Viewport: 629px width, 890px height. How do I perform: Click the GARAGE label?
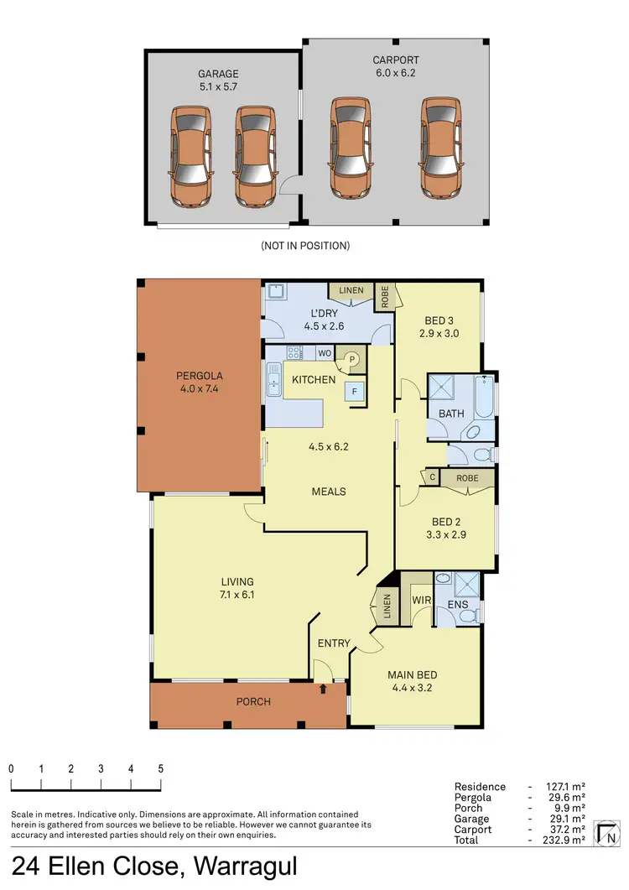tap(218, 74)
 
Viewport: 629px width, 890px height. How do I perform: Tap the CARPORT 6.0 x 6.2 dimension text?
tap(396, 73)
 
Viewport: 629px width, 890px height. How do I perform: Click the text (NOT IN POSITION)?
tap(304, 246)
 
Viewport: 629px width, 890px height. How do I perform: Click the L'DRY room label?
tap(318, 314)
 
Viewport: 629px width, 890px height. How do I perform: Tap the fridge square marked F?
tap(356, 391)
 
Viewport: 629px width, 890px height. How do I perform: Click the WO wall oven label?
tap(324, 352)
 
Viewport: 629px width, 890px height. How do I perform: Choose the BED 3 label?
tap(440, 320)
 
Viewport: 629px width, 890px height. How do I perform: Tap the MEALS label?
tap(328, 491)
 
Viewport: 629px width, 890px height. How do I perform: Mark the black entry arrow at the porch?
tap(324, 690)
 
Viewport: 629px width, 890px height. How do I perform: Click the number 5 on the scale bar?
tap(160, 768)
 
